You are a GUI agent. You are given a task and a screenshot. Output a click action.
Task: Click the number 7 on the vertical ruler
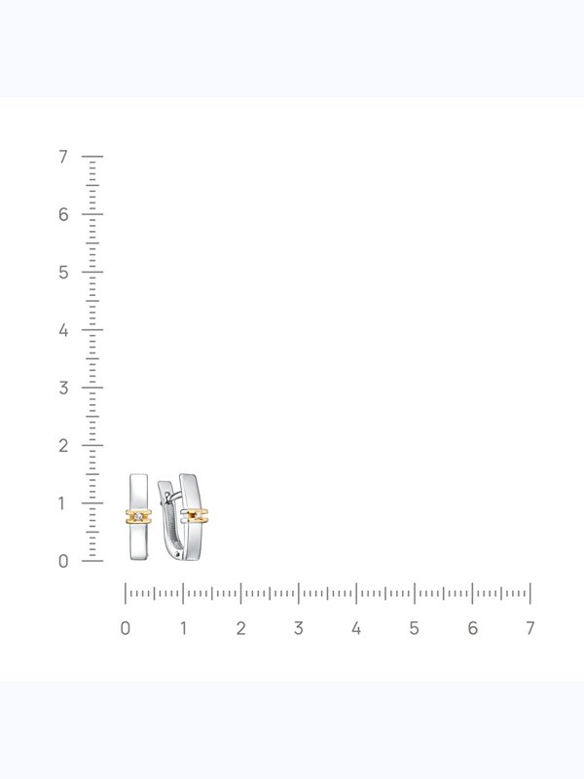click(62, 157)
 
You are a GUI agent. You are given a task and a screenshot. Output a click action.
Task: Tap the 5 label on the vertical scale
click(63, 273)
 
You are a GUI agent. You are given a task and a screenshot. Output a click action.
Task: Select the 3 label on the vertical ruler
click(63, 388)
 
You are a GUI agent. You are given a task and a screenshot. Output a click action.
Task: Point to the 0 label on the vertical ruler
click(63, 561)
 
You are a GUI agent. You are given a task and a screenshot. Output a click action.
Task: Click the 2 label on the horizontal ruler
click(240, 628)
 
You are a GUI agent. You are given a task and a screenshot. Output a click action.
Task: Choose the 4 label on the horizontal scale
click(356, 628)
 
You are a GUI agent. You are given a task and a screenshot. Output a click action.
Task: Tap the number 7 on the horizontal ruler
click(529, 628)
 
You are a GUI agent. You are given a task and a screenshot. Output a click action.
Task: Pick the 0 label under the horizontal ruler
click(126, 628)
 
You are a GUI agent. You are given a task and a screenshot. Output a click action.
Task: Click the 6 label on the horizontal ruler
click(472, 628)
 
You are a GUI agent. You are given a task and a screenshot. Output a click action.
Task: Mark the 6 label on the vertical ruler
click(63, 214)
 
